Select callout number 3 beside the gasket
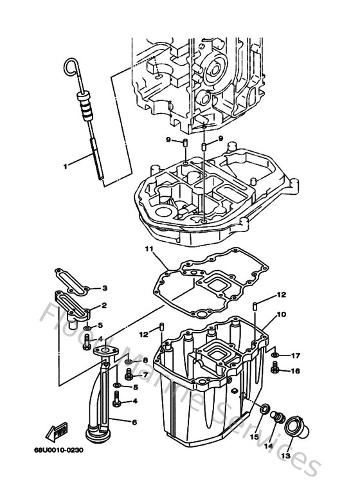[x=105, y=288]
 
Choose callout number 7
[x=145, y=374]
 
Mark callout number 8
[x=145, y=360]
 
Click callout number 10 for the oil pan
[x=281, y=316]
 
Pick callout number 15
[x=253, y=437]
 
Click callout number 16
[x=296, y=370]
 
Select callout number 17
[x=296, y=356]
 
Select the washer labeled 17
[x=274, y=354]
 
